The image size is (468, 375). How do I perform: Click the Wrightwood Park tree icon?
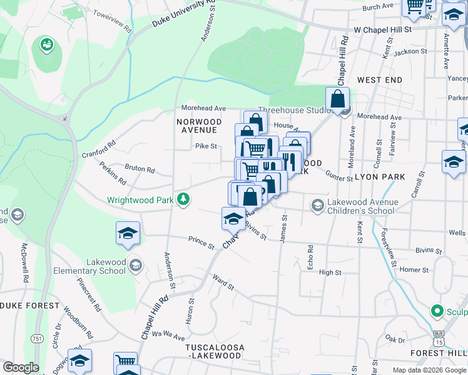pyautogui.click(x=183, y=199)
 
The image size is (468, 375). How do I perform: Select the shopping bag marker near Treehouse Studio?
pyautogui.click(x=337, y=99)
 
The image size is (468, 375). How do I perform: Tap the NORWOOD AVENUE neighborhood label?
pyautogui.click(x=199, y=126)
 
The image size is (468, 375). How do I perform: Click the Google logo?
pyautogui.click(x=21, y=367)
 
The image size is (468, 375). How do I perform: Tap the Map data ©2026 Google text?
pyautogui.click(x=429, y=370)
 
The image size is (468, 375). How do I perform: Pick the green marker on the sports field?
pyautogui.click(x=46, y=44)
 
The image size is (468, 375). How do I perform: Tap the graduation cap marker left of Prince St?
pyautogui.click(x=127, y=233)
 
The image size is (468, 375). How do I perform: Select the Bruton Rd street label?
pyautogui.click(x=140, y=169)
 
